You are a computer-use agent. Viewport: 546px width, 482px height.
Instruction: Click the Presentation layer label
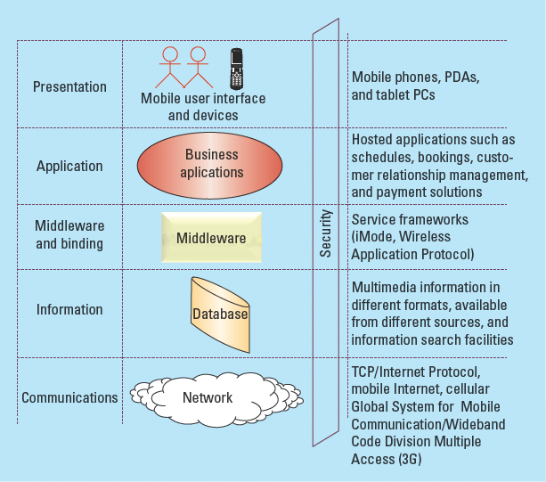click(x=69, y=87)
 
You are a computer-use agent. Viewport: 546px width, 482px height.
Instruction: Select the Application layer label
click(x=69, y=166)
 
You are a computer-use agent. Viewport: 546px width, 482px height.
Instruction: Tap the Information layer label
click(x=69, y=310)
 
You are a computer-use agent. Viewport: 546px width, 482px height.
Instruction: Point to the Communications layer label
click(x=69, y=397)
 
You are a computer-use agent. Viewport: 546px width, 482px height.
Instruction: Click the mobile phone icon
click(x=237, y=68)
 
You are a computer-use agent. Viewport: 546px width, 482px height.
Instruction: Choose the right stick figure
click(x=197, y=68)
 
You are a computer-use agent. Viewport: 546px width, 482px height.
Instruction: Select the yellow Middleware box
click(x=211, y=238)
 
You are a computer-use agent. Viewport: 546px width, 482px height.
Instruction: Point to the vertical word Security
click(x=326, y=233)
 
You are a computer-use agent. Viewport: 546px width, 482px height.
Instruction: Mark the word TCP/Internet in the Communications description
click(x=390, y=372)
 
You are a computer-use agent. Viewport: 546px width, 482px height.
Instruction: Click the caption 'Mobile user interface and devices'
click(x=203, y=107)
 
